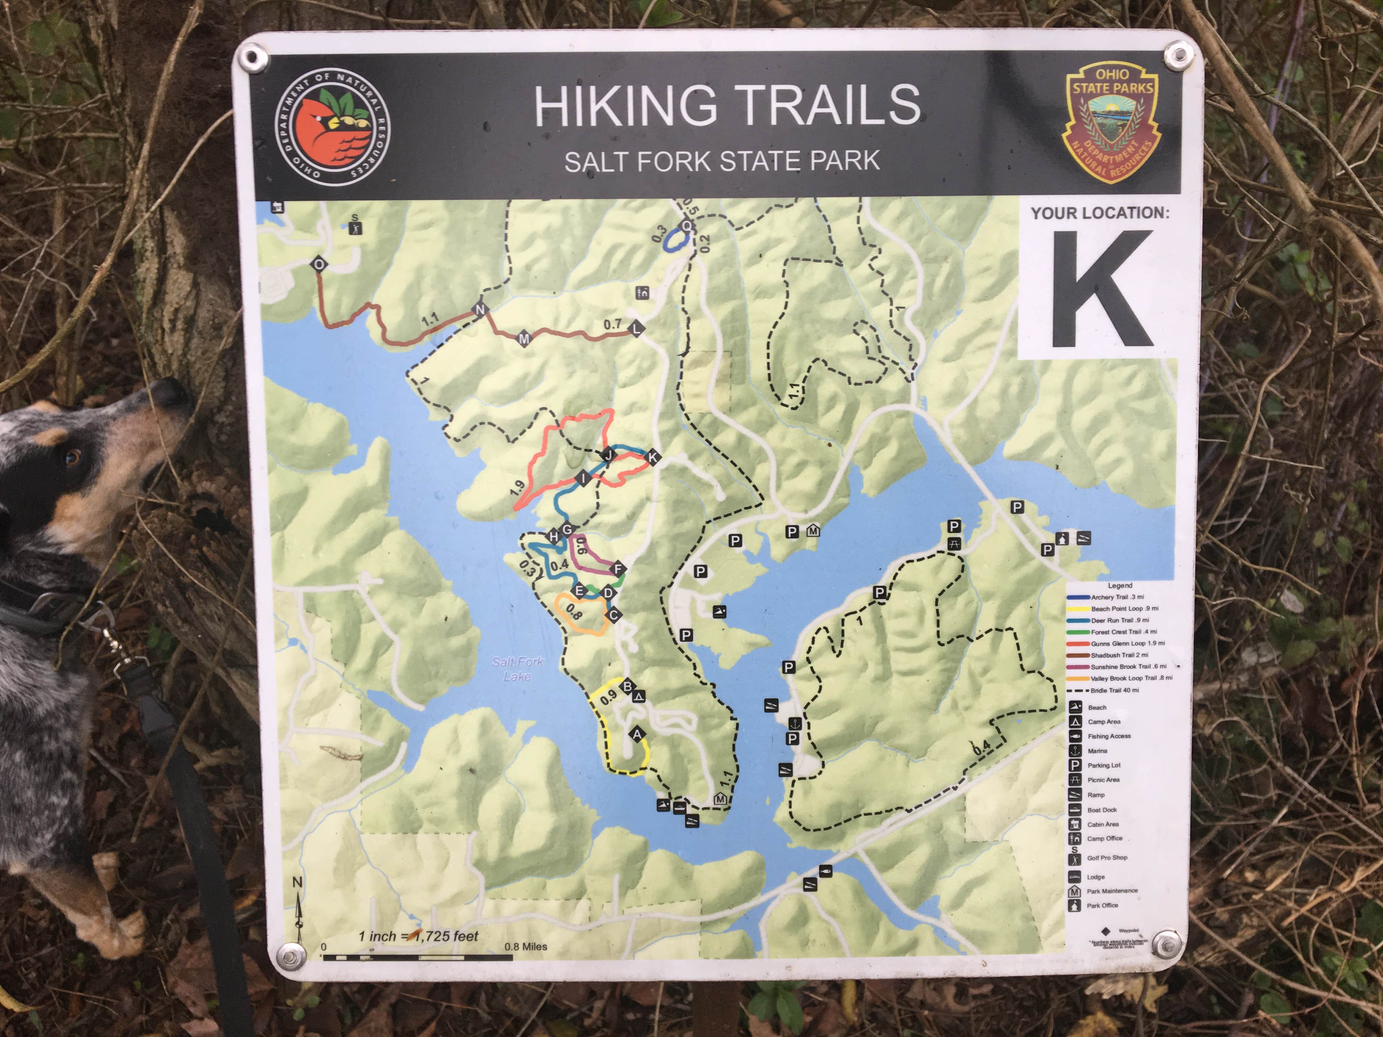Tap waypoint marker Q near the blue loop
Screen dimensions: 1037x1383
tap(686, 226)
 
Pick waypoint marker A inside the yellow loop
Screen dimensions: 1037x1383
tap(637, 735)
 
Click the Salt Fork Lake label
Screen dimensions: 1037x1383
tap(517, 668)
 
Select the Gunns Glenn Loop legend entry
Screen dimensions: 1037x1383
tap(1127, 643)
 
